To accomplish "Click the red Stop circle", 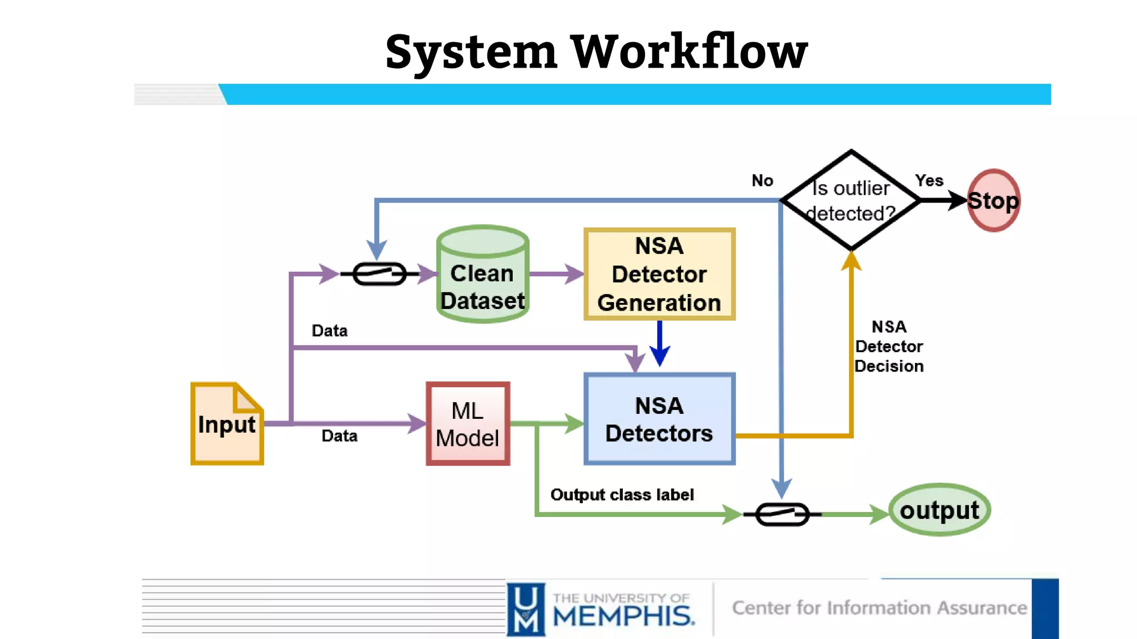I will point(993,200).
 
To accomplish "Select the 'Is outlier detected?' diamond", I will point(851,200).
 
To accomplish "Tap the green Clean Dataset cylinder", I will point(482,275).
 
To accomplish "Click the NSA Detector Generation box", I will point(659,274).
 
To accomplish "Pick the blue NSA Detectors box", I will point(659,419).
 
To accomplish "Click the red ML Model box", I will point(467,424).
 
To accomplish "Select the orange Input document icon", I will point(227,424).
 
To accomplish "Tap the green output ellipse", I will point(939,510).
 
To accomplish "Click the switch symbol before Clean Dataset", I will point(380,274).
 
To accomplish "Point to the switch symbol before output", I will point(782,514).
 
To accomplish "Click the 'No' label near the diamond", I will point(762,181).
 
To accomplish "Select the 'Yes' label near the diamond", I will point(929,181).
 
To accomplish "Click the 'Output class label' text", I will point(622,495).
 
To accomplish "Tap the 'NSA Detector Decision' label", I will point(889,346).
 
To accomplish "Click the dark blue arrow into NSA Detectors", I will point(660,344).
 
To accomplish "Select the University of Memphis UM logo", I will point(526,609).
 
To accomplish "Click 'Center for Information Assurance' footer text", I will point(879,608).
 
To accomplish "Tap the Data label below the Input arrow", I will point(339,436).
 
